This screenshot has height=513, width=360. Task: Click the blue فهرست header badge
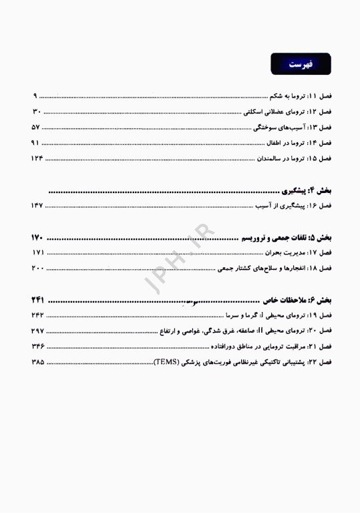click(300, 65)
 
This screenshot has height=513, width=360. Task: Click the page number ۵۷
click(37, 127)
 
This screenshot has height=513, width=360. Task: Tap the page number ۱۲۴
click(37, 158)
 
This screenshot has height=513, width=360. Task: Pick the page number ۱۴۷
click(37, 206)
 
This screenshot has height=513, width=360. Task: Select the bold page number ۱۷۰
click(37, 238)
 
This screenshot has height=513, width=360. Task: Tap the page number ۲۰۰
click(37, 269)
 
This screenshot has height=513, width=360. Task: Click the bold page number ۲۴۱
click(37, 301)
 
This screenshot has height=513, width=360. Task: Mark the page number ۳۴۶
click(37, 347)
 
